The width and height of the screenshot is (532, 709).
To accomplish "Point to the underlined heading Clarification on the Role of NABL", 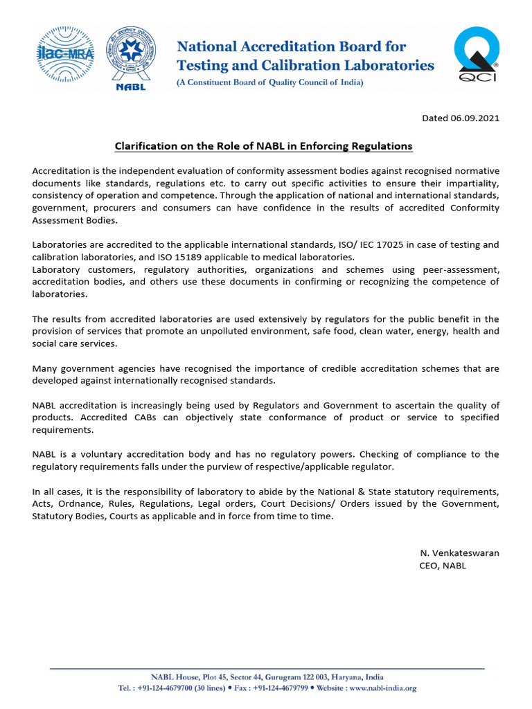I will [x=263, y=146].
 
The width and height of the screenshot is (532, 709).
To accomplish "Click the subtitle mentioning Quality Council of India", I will [x=269, y=82].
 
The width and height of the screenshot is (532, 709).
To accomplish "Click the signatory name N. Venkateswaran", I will [x=459, y=553].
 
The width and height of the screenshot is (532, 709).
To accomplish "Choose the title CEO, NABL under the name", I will [x=443, y=565].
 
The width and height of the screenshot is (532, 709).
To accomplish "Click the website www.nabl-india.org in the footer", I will [x=383, y=688].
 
